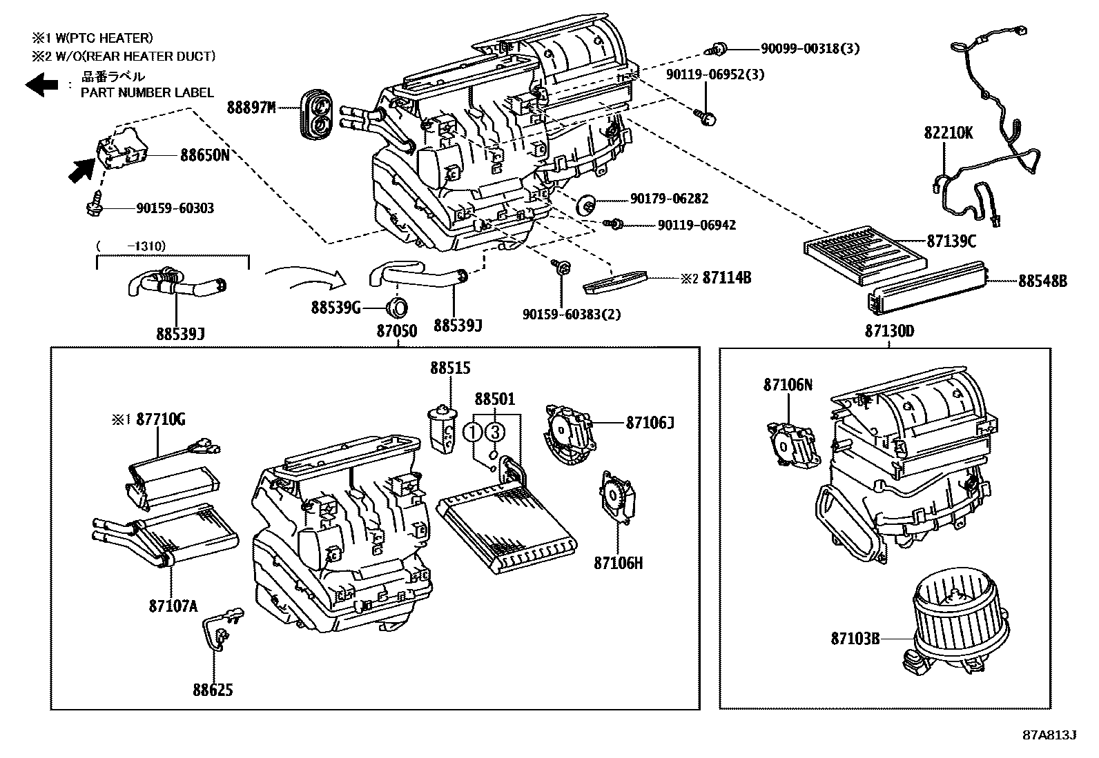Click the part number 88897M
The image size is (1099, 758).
(251, 108)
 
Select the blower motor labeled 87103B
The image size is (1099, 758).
(960, 624)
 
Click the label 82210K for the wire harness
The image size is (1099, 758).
(949, 133)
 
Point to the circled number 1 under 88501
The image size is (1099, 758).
(472, 432)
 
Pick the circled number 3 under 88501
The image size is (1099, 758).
(495, 432)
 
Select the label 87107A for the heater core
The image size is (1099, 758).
(173, 606)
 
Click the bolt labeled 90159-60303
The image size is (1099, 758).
(95, 208)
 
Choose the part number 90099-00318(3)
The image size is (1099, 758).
(810, 49)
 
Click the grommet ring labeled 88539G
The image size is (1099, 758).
(398, 306)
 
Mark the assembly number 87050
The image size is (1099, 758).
(397, 331)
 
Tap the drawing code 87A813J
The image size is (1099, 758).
(1049, 735)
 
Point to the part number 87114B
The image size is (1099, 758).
(726, 278)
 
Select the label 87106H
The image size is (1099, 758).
(618, 563)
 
